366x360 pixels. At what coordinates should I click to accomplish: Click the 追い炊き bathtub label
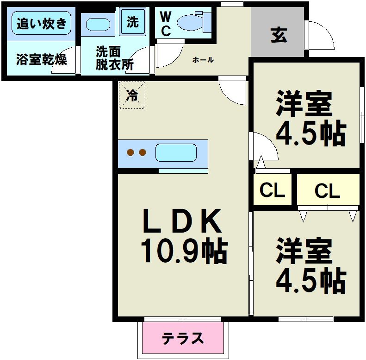[x=42, y=23]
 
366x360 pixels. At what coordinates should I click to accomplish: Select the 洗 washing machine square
[x=133, y=22]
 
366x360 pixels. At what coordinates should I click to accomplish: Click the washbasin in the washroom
[x=98, y=23]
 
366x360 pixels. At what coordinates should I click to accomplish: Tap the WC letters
[x=165, y=24]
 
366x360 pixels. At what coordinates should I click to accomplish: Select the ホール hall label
[x=203, y=60]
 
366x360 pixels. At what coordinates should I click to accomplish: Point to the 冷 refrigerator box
[x=132, y=95]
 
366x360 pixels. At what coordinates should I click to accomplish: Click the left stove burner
[x=131, y=152]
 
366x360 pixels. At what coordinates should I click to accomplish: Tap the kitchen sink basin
[x=176, y=152]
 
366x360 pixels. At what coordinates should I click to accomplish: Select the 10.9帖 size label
[x=183, y=251]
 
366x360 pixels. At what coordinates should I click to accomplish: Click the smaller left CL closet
[x=272, y=190]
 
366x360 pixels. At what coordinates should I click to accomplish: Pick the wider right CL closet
[x=328, y=190]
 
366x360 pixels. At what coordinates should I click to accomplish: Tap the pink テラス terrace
[x=183, y=338]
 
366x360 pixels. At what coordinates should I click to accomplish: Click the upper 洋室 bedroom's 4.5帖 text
[x=310, y=133]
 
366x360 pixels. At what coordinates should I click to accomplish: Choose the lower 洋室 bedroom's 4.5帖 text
[x=310, y=279]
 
